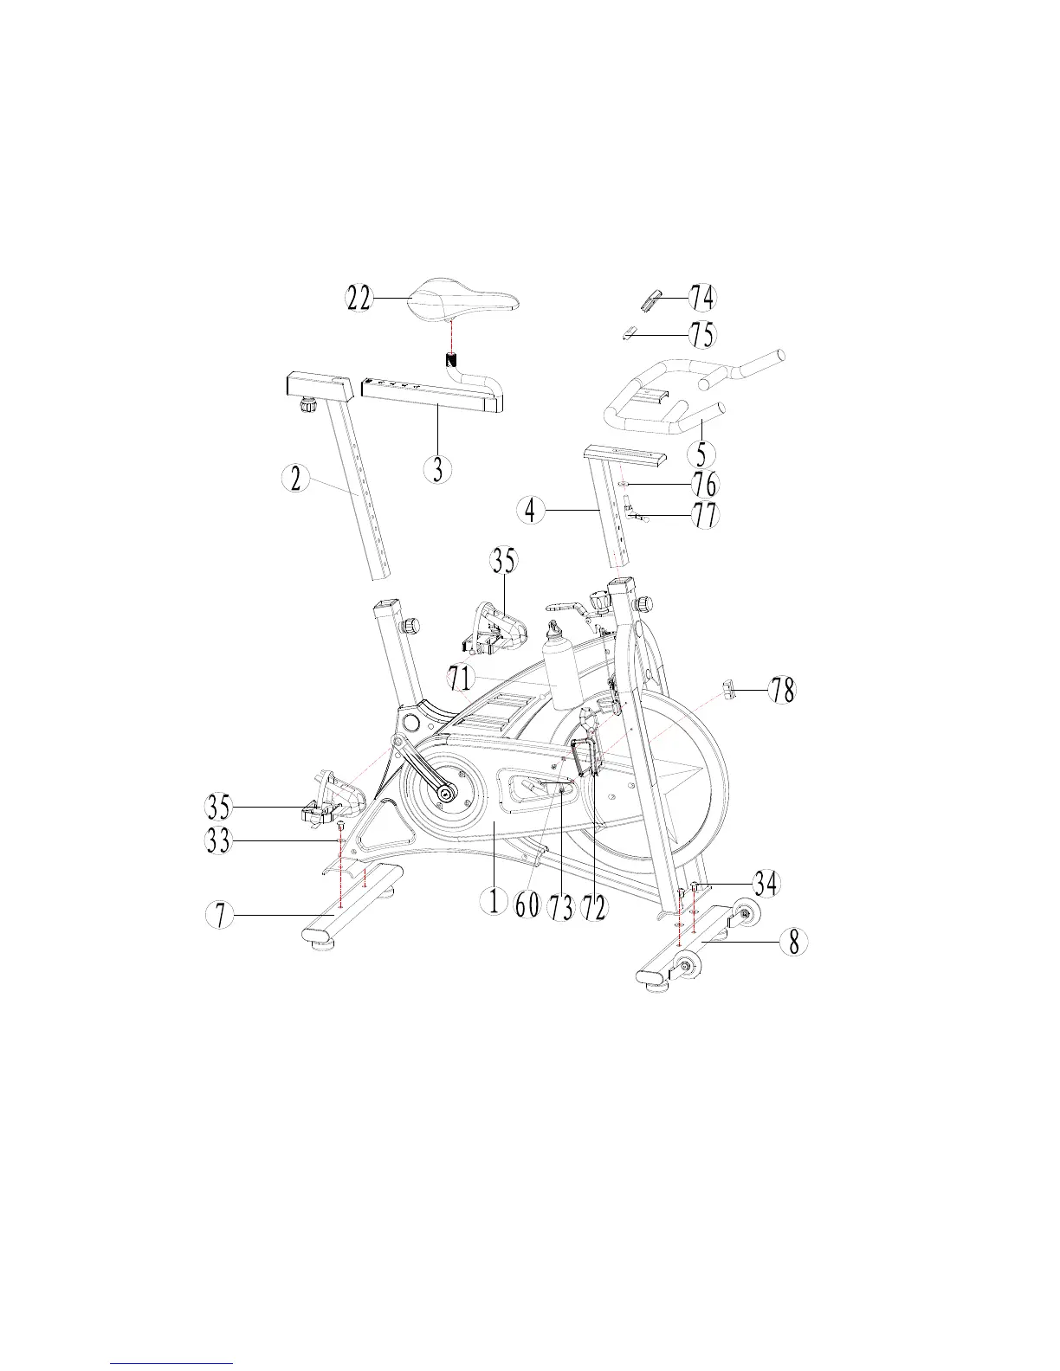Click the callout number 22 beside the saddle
click(x=359, y=299)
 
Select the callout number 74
click(x=701, y=298)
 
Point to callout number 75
click(x=701, y=333)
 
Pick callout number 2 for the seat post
click(x=296, y=479)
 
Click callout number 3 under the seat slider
click(x=439, y=468)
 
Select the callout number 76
click(x=706, y=484)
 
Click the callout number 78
click(x=783, y=691)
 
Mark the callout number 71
click(x=462, y=677)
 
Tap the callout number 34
click(x=765, y=884)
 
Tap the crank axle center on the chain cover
click(x=446, y=791)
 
